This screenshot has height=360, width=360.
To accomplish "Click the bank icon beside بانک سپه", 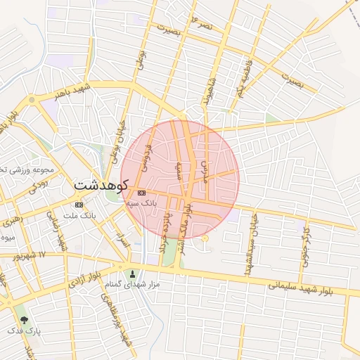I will point(141,192).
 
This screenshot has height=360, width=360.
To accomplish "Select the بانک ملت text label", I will point(79,214).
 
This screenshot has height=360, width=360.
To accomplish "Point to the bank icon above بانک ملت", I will point(78,205).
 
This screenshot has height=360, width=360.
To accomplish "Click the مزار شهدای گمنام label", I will point(132,285).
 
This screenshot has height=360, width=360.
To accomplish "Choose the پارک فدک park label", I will point(25,330).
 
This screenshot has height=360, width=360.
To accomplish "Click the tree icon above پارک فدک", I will point(25,320).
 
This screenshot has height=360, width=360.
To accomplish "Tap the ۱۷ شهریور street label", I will point(27,255).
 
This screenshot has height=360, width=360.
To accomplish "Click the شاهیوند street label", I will point(207,92).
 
